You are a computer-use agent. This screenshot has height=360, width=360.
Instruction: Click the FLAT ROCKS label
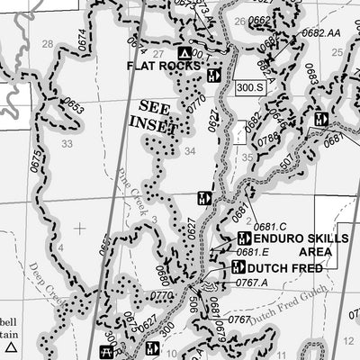164,66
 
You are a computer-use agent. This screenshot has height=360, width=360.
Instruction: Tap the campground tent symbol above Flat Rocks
184,52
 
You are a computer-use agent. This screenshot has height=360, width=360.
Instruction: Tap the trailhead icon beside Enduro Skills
243,238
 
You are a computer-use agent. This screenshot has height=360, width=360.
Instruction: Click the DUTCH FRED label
284,268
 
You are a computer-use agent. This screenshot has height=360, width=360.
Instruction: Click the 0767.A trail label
251,283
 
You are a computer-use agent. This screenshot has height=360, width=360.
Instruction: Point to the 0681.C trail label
269,227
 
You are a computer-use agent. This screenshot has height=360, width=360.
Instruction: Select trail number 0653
73,109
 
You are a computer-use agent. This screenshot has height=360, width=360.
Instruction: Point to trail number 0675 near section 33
37,163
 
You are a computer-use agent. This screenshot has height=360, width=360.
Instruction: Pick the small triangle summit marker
11,346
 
